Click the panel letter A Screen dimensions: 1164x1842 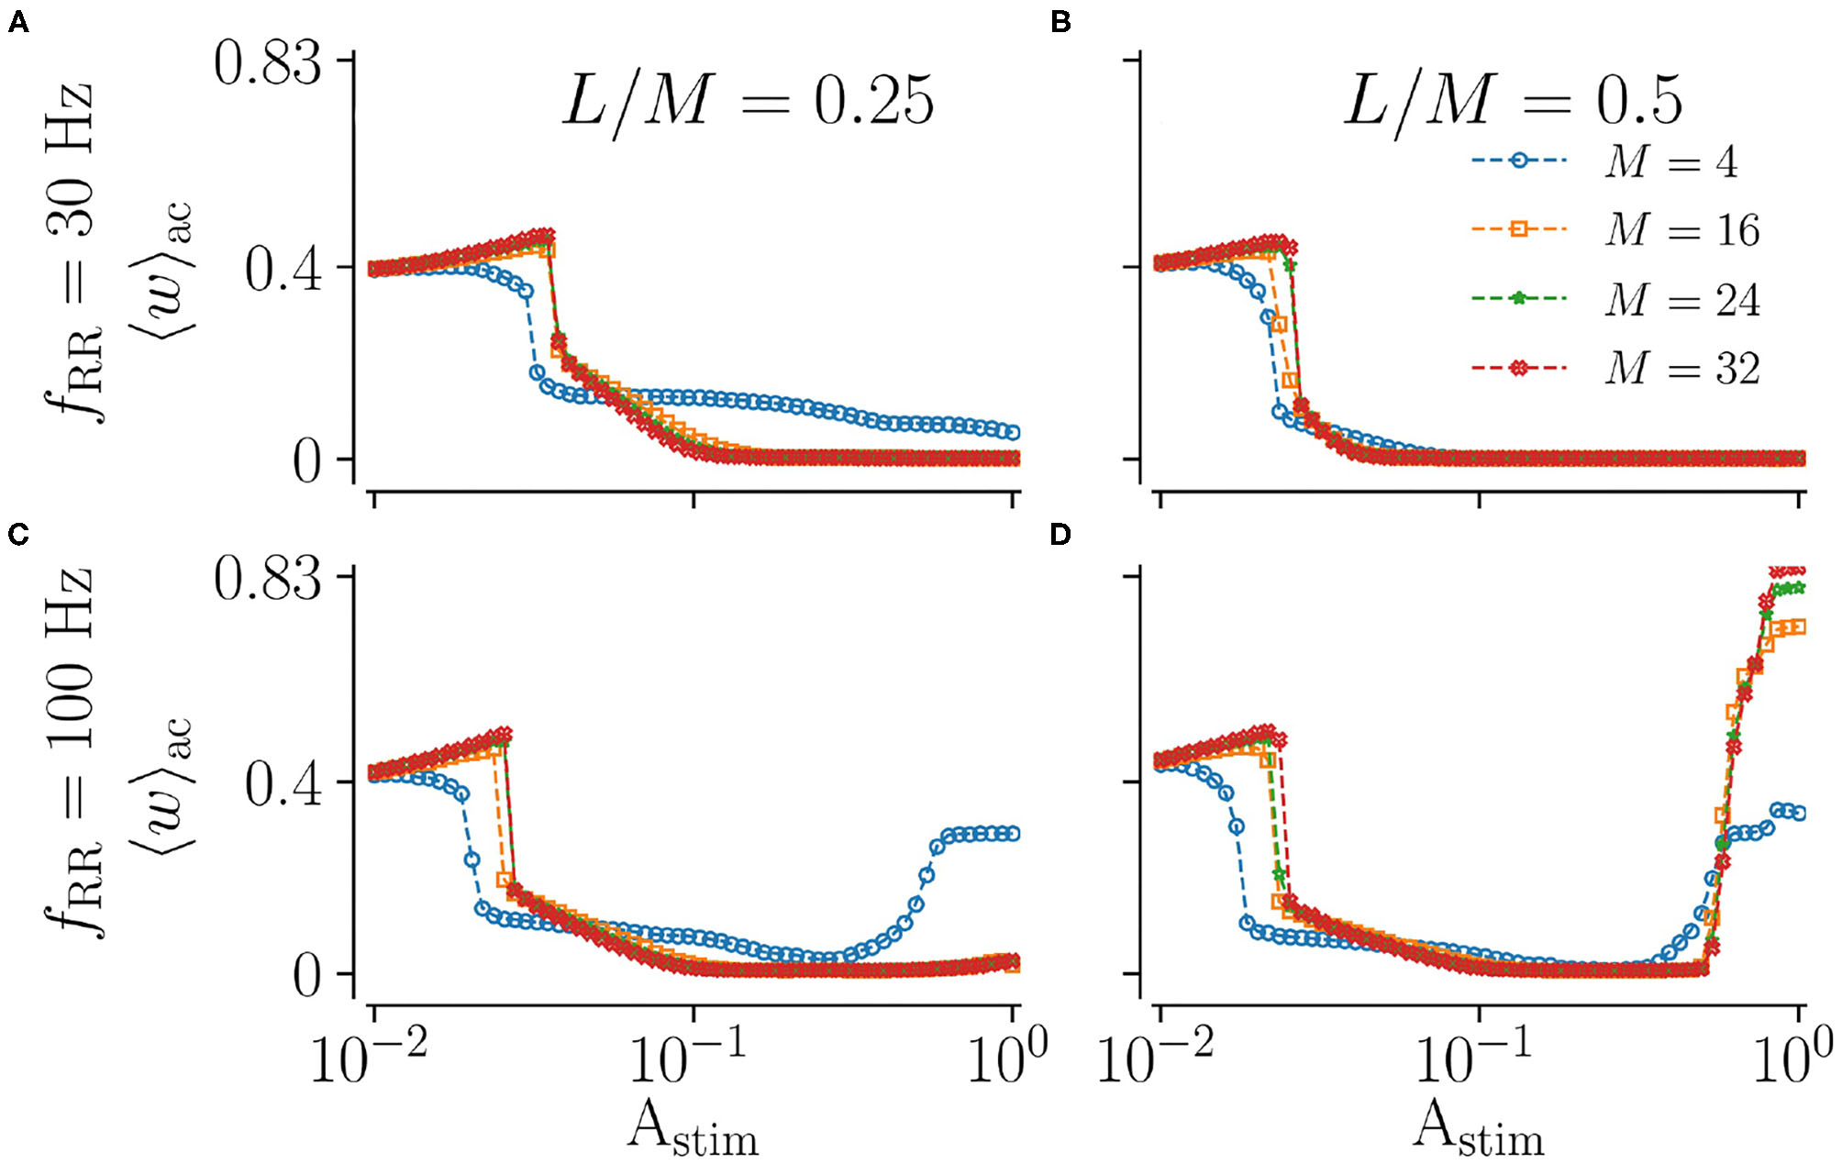[17, 22]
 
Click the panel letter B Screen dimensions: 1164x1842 [1060, 22]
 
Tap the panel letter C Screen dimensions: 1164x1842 [17, 534]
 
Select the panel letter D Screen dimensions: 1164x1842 [1060, 534]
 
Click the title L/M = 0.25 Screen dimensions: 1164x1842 [748, 101]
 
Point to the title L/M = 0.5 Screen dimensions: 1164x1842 [1514, 101]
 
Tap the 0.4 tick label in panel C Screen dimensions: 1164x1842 [283, 785]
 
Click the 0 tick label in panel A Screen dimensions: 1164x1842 [307, 461]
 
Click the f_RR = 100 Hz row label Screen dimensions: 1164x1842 [73, 752]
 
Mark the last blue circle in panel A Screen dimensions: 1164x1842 [1013, 432]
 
